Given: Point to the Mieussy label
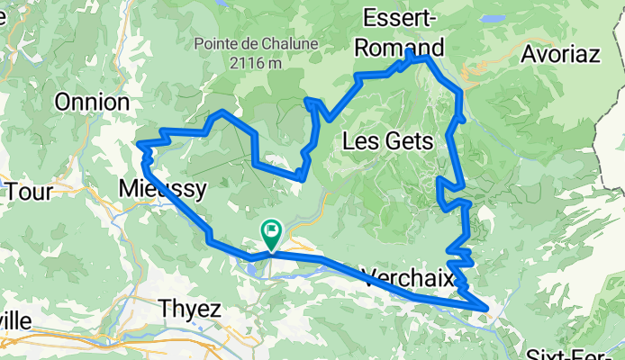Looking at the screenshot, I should coord(163,189).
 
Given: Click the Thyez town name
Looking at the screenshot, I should coord(190,308).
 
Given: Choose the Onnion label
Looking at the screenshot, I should coord(91,102).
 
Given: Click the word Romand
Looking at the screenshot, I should coord(403,46).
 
